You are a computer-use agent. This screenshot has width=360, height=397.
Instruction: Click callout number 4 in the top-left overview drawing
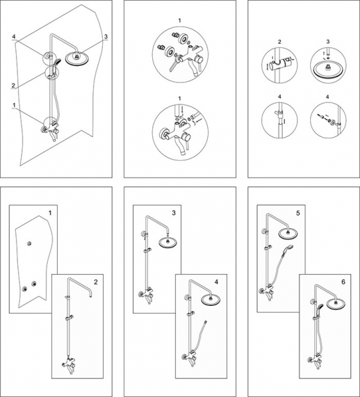pos(14,37)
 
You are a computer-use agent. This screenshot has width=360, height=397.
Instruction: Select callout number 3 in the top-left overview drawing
pos(106,37)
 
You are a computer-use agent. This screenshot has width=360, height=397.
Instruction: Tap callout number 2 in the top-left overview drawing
pos(13,86)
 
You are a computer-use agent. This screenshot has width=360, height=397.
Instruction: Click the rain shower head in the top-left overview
pos(76,59)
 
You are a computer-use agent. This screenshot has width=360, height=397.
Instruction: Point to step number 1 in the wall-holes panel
pos(50,213)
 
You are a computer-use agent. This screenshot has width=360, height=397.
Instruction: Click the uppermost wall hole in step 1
pos(30,243)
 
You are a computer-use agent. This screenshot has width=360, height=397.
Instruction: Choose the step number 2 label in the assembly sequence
pos(95,282)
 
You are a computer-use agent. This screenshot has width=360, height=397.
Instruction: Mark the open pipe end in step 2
pos(90,295)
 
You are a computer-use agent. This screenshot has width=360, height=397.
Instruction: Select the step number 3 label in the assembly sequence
pos(174,213)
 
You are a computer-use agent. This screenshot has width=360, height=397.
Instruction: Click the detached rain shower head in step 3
pos(167,243)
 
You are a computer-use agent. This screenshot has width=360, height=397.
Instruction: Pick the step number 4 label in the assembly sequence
pos(216,282)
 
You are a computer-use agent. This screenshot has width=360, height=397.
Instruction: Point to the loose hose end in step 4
pos(206,322)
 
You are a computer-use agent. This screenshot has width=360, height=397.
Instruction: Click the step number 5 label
pos(297,213)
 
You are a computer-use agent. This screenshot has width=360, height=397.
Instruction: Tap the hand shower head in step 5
pos(290,248)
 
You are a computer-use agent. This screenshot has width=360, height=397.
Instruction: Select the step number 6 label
pos(343,282)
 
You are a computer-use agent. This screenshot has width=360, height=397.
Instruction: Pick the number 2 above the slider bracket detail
pos(279,42)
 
